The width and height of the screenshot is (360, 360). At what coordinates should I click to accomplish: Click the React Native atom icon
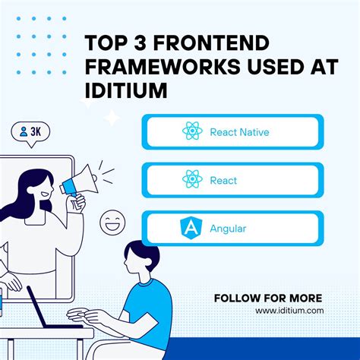click(x=193, y=131)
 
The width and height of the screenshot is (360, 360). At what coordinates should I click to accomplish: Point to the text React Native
click(x=239, y=132)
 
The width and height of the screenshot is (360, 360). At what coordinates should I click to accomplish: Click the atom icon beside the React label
click(x=193, y=180)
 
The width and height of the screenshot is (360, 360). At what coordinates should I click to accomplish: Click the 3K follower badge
click(x=31, y=131)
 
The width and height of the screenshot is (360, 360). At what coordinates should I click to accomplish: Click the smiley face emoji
click(x=115, y=223)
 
